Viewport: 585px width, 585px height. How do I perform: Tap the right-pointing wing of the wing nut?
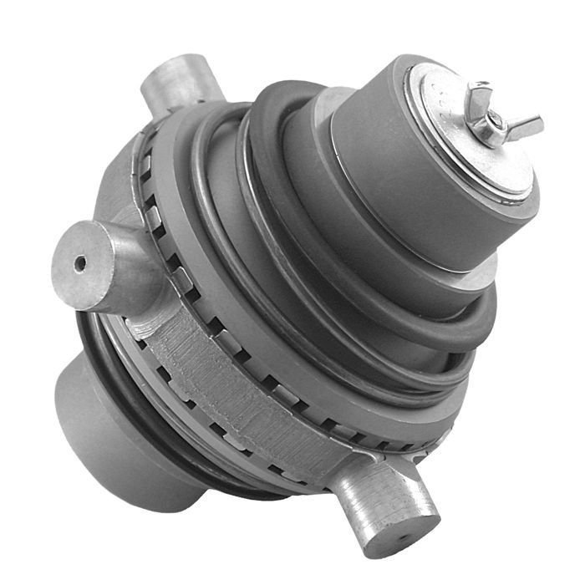524,127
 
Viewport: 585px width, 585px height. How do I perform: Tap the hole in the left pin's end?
80,264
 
